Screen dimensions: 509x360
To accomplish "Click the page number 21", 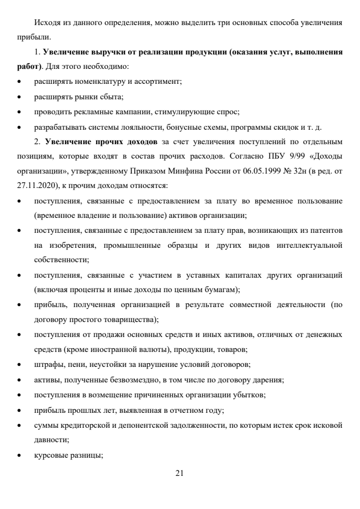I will pyautogui.click(x=179, y=472).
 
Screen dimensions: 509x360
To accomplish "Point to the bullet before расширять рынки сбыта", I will pyautogui.click(x=19, y=98).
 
